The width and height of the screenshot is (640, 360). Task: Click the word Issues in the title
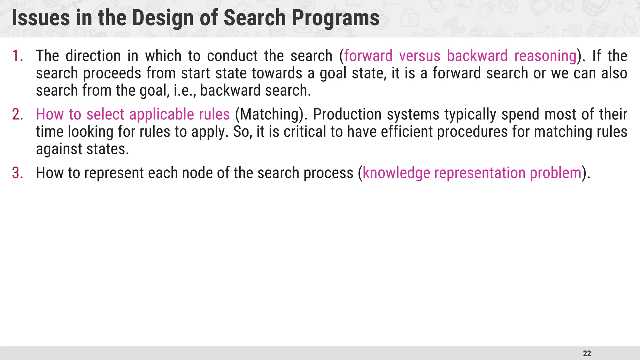click(x=41, y=18)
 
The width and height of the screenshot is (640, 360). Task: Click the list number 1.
click(x=17, y=56)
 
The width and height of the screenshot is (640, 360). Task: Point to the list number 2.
click(x=17, y=114)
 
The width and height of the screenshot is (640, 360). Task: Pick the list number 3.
click(x=17, y=173)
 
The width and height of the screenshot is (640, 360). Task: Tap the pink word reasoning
click(x=545, y=56)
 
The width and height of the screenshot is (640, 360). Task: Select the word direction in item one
click(x=93, y=56)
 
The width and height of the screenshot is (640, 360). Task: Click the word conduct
click(x=232, y=56)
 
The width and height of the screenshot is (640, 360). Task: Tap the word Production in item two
click(x=347, y=114)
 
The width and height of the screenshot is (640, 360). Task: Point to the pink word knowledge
click(x=396, y=173)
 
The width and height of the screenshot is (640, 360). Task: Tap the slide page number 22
click(x=587, y=353)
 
